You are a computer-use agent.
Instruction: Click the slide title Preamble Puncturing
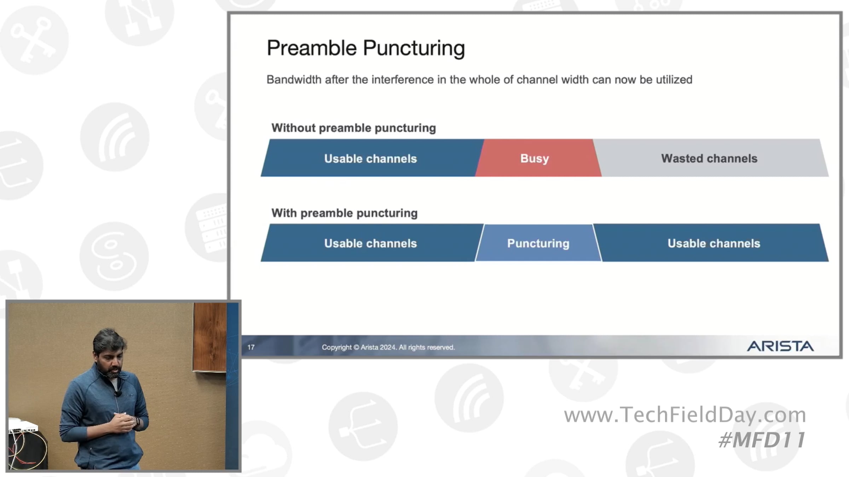click(x=366, y=48)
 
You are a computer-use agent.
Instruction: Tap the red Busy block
click(x=538, y=158)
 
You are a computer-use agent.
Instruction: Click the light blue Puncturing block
click(x=538, y=243)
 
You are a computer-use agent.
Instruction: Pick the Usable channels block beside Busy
click(x=371, y=158)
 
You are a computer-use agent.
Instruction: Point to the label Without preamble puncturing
click(x=353, y=128)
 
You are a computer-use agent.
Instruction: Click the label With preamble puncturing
click(x=344, y=213)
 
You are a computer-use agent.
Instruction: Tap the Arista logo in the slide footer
click(x=780, y=346)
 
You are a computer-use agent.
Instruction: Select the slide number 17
click(x=251, y=347)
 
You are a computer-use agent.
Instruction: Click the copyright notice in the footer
click(x=388, y=347)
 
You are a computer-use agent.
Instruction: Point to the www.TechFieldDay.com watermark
click(x=685, y=415)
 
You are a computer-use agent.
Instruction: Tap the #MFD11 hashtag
click(x=762, y=440)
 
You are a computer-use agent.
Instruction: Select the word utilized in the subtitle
click(x=674, y=79)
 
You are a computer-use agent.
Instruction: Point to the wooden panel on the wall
click(x=210, y=337)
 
